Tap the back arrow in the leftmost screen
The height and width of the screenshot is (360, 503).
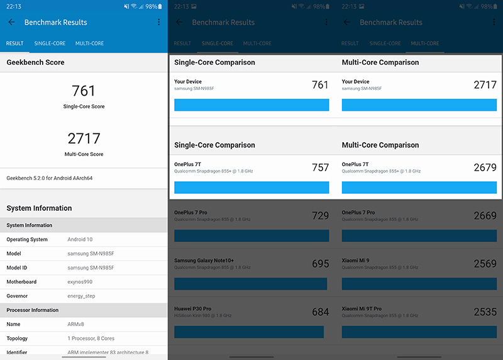pyautogui.click(x=11, y=22)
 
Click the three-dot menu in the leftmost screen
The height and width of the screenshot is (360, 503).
pyautogui.click(x=158, y=22)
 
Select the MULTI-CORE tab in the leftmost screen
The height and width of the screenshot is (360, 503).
pyautogui.click(x=89, y=43)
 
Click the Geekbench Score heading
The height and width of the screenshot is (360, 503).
pyautogui.click(x=35, y=62)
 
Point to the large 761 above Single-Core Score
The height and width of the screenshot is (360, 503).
pyautogui.click(x=84, y=90)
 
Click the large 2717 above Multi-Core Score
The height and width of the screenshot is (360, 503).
pyautogui.click(x=84, y=138)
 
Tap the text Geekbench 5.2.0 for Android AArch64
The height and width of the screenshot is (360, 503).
pyautogui.click(x=50, y=178)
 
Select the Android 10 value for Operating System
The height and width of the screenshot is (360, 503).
pyautogui.click(x=80, y=239)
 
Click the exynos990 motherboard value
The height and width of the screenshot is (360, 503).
pyautogui.click(x=80, y=281)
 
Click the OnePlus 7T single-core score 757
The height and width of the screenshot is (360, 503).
pyautogui.click(x=320, y=167)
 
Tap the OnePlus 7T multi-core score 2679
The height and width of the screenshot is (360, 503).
pyautogui.click(x=485, y=167)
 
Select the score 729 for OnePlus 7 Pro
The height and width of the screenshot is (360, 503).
pyautogui.click(x=320, y=215)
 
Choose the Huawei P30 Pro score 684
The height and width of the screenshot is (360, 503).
pyautogui.click(x=320, y=312)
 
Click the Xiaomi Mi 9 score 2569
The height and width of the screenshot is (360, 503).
pyautogui.click(x=485, y=264)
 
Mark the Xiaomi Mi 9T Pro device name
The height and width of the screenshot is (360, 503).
pyautogui.click(x=362, y=308)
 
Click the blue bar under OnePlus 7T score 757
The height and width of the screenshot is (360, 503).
pyautogui.click(x=251, y=187)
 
